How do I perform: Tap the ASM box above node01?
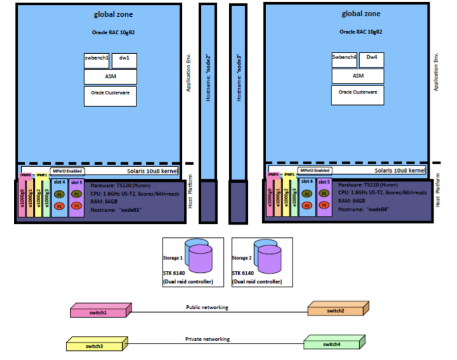[x=110, y=77]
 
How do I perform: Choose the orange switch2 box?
[x=338, y=310]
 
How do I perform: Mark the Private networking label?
[x=207, y=339]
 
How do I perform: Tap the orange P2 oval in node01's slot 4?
[x=59, y=205]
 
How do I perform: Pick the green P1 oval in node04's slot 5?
[x=323, y=194]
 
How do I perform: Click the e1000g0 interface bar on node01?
[x=22, y=198]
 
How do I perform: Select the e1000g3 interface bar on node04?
[x=294, y=198]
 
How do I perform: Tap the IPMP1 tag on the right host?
[x=290, y=174]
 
